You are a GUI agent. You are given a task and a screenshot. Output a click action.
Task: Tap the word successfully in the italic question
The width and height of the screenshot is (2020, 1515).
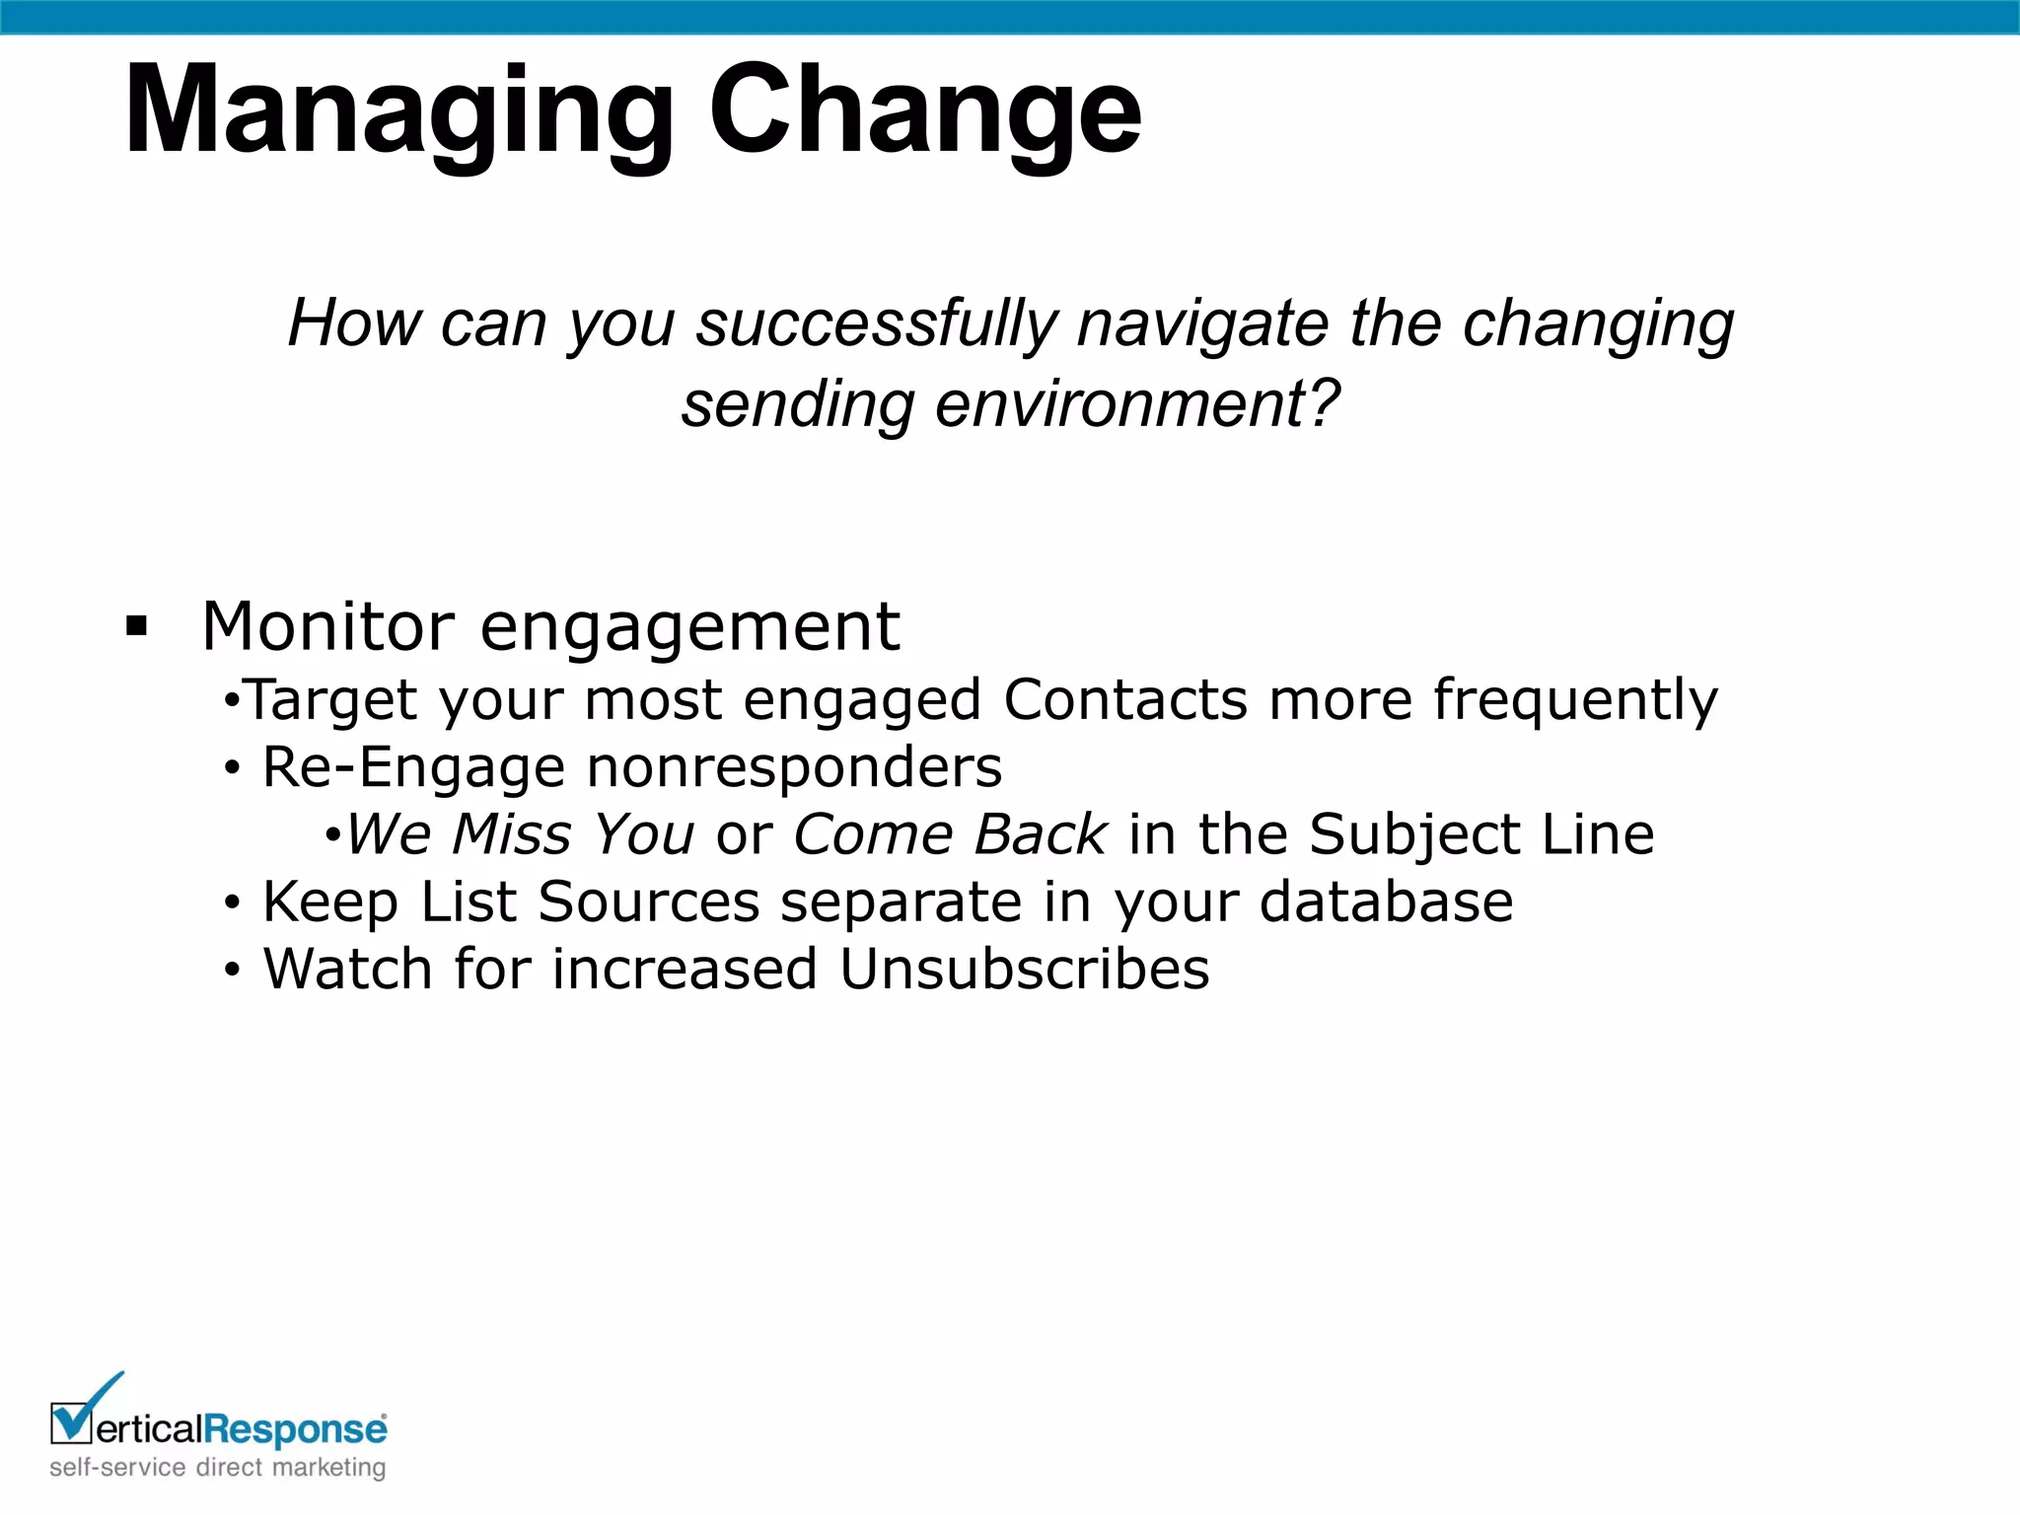[877, 324]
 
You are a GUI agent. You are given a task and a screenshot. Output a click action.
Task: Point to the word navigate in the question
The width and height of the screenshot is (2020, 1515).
[1202, 324]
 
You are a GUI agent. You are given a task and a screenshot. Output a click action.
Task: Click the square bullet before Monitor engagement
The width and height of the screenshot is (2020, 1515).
[137, 625]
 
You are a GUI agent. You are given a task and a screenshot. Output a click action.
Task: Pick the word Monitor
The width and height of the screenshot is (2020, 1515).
[328, 626]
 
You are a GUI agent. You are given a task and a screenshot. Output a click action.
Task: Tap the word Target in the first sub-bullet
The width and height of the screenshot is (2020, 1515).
[330, 701]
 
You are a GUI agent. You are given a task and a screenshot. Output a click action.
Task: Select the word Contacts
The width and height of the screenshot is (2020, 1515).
[1125, 699]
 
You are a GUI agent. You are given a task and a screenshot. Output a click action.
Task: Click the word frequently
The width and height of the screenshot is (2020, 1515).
[1575, 701]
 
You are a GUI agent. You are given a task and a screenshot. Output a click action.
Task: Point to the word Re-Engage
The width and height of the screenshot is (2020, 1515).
[413, 768]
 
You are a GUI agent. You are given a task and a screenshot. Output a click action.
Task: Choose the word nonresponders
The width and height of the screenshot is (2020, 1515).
[794, 768]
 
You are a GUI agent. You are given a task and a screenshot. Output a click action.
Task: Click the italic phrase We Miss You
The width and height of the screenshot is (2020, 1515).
[520, 834]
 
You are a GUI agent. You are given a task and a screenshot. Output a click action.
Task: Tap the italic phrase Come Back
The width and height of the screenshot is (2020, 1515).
[950, 834]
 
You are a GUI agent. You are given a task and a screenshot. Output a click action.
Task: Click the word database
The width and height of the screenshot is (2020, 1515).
[1386, 902]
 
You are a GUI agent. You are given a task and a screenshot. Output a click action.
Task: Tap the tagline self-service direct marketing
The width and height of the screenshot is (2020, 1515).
[218, 1468]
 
